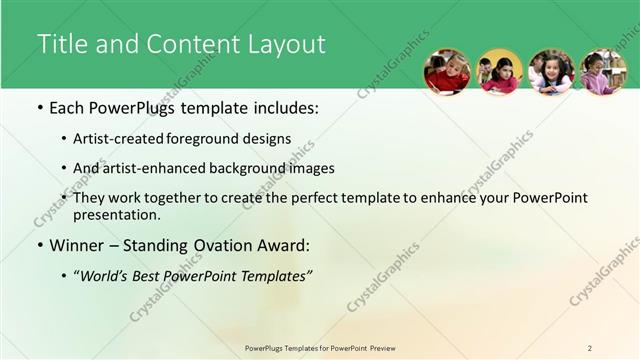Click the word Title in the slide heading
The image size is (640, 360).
pos(61,45)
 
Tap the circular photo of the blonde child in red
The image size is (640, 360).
pos(447,72)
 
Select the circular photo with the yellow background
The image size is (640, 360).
pos(499,72)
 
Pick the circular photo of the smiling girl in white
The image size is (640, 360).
pos(551,72)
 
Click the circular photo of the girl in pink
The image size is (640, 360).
pos(603,72)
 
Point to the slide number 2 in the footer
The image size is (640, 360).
pos(590,348)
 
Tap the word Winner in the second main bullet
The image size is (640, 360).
pos(81,244)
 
